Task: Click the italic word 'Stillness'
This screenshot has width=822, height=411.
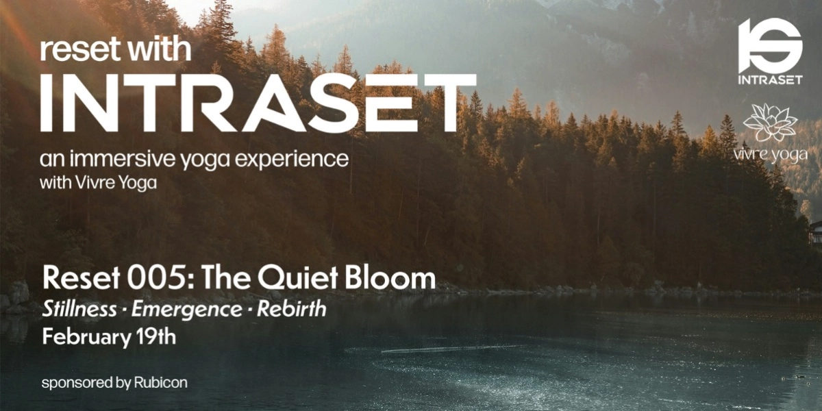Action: coord(79,310)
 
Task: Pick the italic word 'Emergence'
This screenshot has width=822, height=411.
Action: coord(186,310)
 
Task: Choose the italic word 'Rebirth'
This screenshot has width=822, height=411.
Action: coord(292,310)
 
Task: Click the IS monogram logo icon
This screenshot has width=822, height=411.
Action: coord(770,45)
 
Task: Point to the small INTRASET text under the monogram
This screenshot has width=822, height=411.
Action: coord(770,79)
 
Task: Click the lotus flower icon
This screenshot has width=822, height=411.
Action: coord(770,123)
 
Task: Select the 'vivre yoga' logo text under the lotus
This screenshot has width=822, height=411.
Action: coord(770,155)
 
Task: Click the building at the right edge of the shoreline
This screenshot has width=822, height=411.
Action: coord(815,233)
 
